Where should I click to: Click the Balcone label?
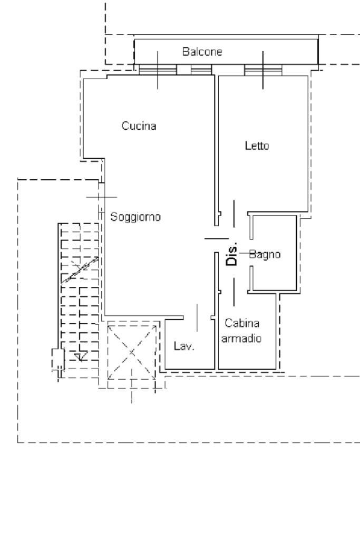coord(202,52)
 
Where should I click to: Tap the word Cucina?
coord(139,126)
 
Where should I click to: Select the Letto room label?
coord(257,146)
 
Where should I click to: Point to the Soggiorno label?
coord(135,217)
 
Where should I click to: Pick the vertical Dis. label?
coord(232,254)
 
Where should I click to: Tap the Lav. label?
coord(184,346)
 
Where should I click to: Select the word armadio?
coord(241,339)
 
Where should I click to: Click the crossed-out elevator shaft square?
coord(132,352)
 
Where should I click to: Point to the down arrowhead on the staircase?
coord(80,358)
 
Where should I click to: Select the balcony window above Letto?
coord(263,69)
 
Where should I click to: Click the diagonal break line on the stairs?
coord(79,269)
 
